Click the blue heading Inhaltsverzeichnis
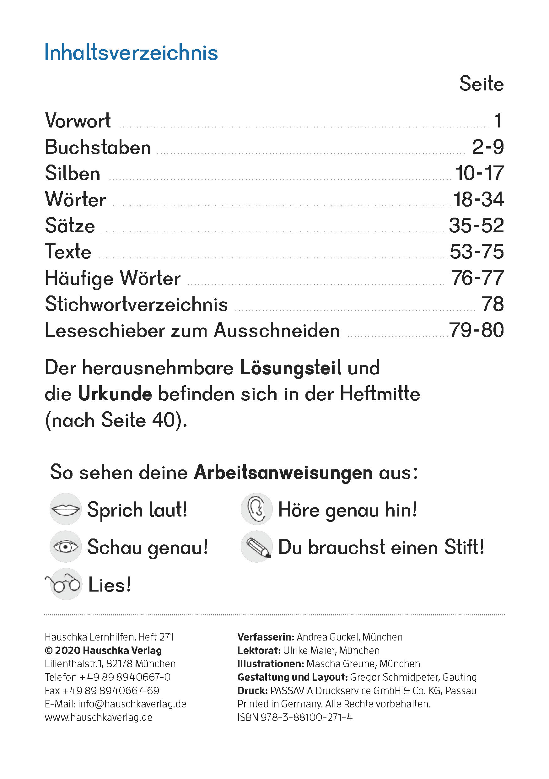pos(131,52)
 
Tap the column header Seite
pos(481,84)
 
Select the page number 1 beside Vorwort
pos(498,121)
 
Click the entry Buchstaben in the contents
pos(98,147)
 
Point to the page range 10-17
pos(479,173)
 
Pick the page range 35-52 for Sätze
pos(476,226)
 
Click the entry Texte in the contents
pos(68,252)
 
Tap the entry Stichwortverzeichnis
pos(136,304)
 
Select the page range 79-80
pos(476,330)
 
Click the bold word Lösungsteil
pos(291,368)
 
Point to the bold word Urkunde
pos(115,394)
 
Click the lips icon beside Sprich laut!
pos(65,509)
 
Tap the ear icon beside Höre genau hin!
pos(256,509)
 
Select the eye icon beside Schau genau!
pos(65,547)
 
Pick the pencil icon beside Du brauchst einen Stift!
pos(257,547)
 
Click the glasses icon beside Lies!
pos(65,584)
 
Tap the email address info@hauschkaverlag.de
pos(132,704)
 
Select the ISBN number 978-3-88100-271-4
pos(307,717)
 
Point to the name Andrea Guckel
pos(328,637)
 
